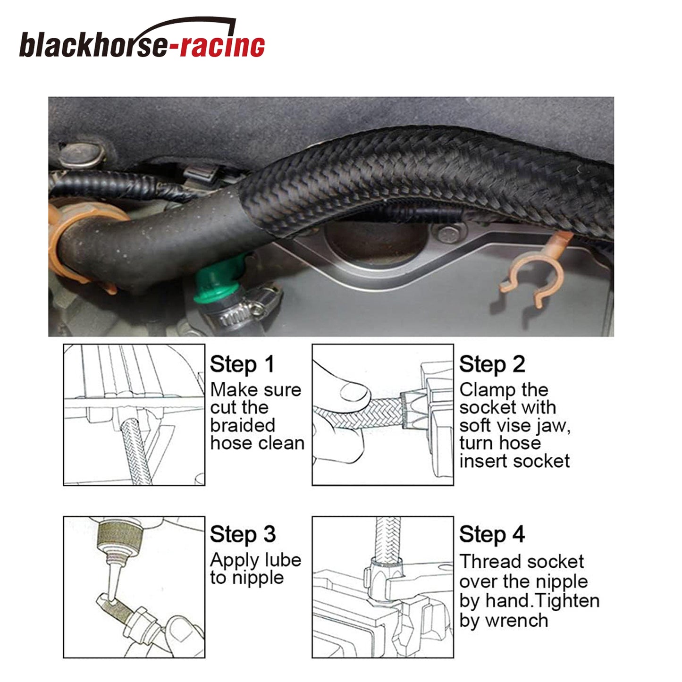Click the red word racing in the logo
coord(223,44)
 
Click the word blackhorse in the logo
coord(93,44)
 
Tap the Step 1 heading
coord(242,364)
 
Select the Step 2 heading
coord(492,364)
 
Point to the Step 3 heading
coord(243,534)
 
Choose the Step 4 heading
coord(492,534)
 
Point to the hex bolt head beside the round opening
coord(449,234)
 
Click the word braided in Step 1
coord(243,425)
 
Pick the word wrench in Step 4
coord(517,621)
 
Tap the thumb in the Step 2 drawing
coord(354,392)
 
